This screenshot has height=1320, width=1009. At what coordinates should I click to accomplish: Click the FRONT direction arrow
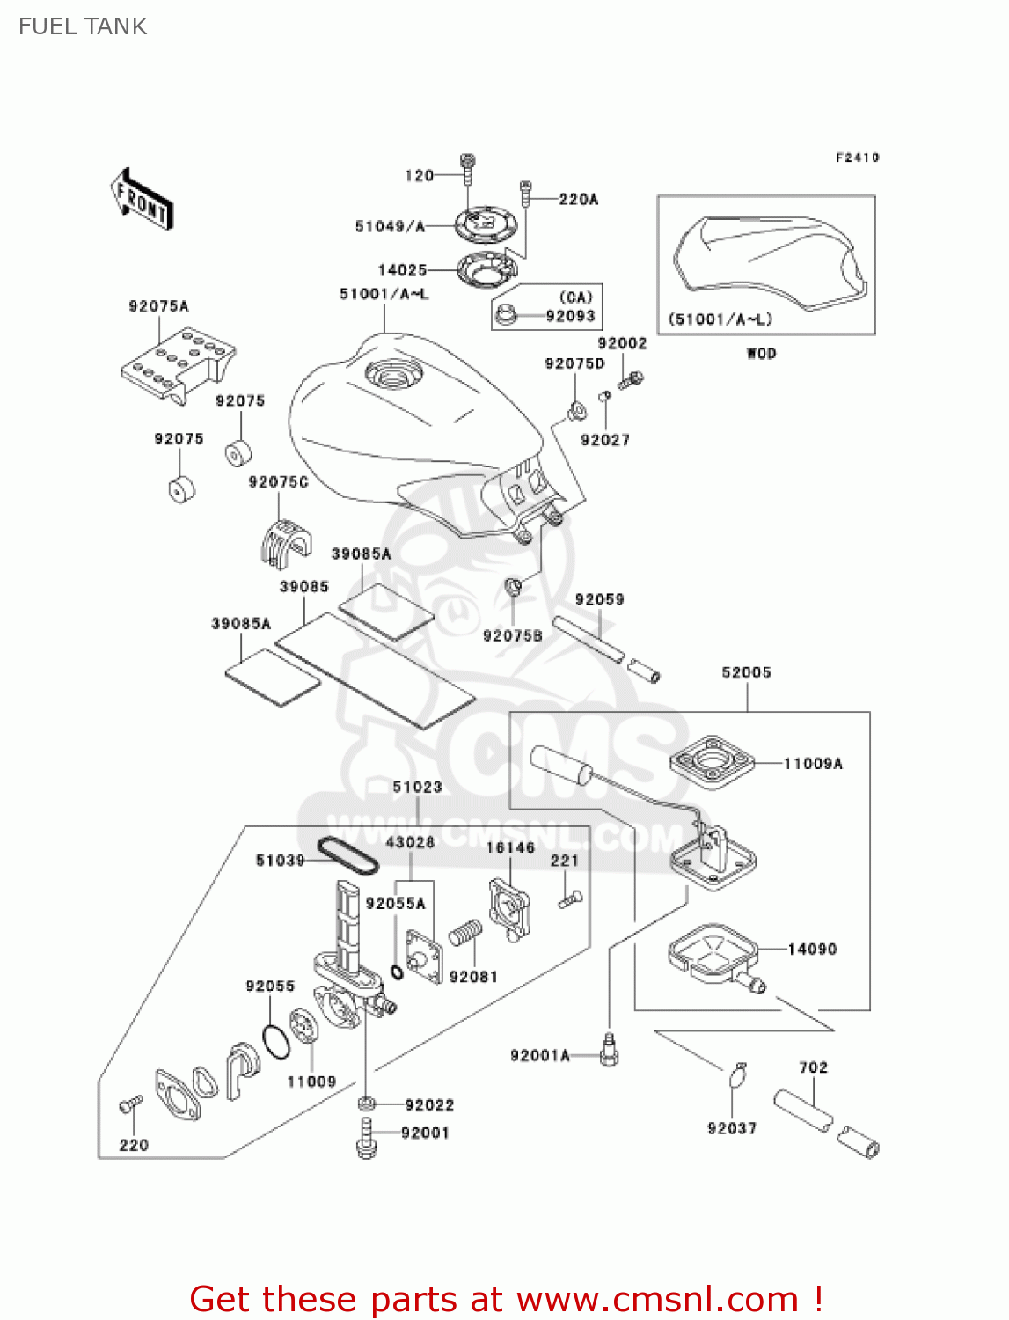point(142,200)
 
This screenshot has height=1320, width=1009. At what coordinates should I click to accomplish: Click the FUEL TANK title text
point(83,26)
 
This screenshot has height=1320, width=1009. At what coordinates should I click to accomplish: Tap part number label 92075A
point(158,306)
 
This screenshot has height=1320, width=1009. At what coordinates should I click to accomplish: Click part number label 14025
point(402,270)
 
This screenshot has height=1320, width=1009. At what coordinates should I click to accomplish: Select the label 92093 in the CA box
point(570,316)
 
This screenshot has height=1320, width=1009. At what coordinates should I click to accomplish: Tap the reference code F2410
point(857,158)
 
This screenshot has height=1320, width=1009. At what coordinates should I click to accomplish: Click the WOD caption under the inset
point(761,354)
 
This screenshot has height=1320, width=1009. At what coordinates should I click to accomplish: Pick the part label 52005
point(746,672)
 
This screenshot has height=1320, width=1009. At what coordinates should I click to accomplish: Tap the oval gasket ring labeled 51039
point(347,855)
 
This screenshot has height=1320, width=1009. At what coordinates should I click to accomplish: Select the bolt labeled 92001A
point(609,1051)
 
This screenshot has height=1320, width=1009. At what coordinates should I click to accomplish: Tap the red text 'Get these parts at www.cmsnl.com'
point(506,1299)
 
